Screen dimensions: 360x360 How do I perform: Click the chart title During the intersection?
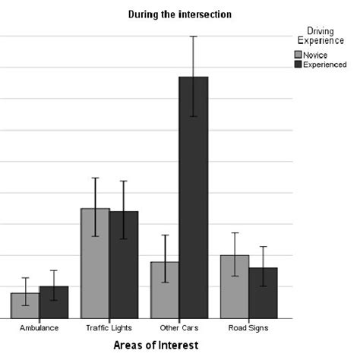[178, 14]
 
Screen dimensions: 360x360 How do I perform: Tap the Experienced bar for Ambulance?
[53, 302]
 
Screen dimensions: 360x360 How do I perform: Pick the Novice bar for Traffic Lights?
[95, 263]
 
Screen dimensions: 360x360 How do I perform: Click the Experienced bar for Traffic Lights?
[123, 264]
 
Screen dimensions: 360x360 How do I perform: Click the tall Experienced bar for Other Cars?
[194, 197]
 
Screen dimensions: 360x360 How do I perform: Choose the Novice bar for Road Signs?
[235, 286]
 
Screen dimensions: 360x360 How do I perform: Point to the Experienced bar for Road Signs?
[263, 292]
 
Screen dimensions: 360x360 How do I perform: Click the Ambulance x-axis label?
[39, 328]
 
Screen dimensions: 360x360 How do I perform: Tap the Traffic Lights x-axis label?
[109, 328]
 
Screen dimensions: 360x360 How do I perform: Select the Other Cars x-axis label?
[178, 328]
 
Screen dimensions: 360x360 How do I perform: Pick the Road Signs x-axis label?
[248, 328]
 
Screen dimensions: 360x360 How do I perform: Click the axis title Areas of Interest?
[156, 346]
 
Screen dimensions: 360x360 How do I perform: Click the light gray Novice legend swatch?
[298, 55]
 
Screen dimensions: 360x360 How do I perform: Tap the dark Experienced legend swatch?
[298, 65]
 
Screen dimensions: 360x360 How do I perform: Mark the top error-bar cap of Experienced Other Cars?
[194, 36]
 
